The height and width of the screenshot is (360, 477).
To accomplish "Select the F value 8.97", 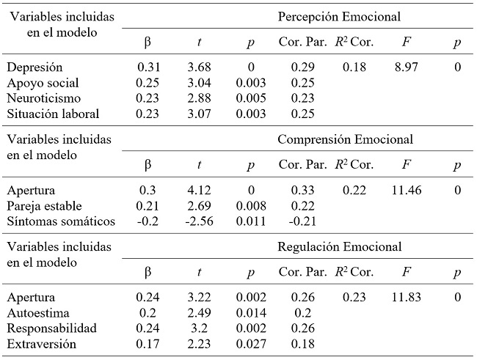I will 407,67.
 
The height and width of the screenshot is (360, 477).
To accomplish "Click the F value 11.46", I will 407,191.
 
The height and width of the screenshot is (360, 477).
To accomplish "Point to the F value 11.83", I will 407,298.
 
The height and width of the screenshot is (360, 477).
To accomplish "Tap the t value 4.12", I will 200,191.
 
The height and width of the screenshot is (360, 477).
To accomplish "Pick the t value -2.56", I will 198,221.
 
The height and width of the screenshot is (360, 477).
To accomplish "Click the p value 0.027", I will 249,343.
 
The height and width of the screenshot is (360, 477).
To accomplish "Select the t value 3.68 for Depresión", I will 200,67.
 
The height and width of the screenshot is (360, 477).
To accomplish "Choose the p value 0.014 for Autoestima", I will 249,313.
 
